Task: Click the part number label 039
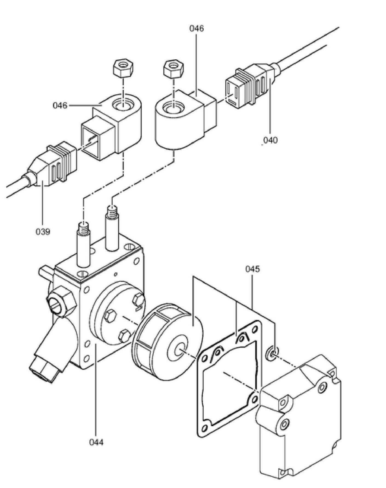43,232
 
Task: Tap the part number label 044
96,442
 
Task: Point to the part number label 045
252,269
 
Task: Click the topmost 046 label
197,28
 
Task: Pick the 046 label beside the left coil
60,105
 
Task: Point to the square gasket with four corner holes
229,379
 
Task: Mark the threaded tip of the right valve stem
112,211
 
